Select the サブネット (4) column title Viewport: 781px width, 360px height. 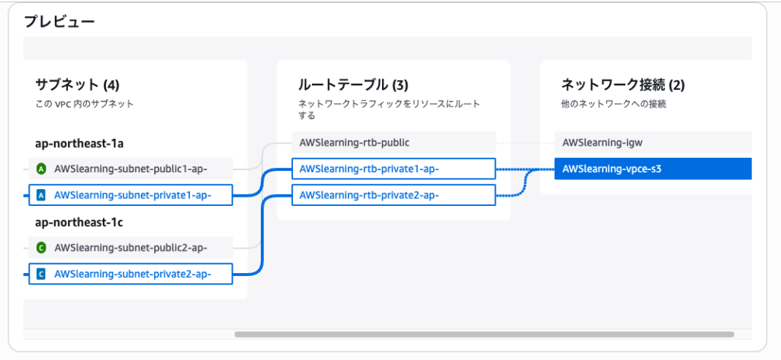pyautogui.click(x=77, y=85)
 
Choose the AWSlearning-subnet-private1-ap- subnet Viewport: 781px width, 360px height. pyautogui.click(x=133, y=195)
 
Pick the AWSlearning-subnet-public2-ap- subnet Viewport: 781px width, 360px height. pyautogui.click(x=131, y=247)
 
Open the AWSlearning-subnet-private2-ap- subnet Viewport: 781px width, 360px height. pyautogui.click(x=133, y=274)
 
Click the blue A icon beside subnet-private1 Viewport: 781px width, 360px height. pyautogui.click(x=41, y=195)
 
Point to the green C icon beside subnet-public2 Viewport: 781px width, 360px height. pyautogui.click(x=41, y=247)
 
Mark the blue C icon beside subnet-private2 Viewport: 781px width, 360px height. pyautogui.click(x=41, y=274)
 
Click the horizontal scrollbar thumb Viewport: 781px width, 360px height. pyautogui.click(x=484, y=334)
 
